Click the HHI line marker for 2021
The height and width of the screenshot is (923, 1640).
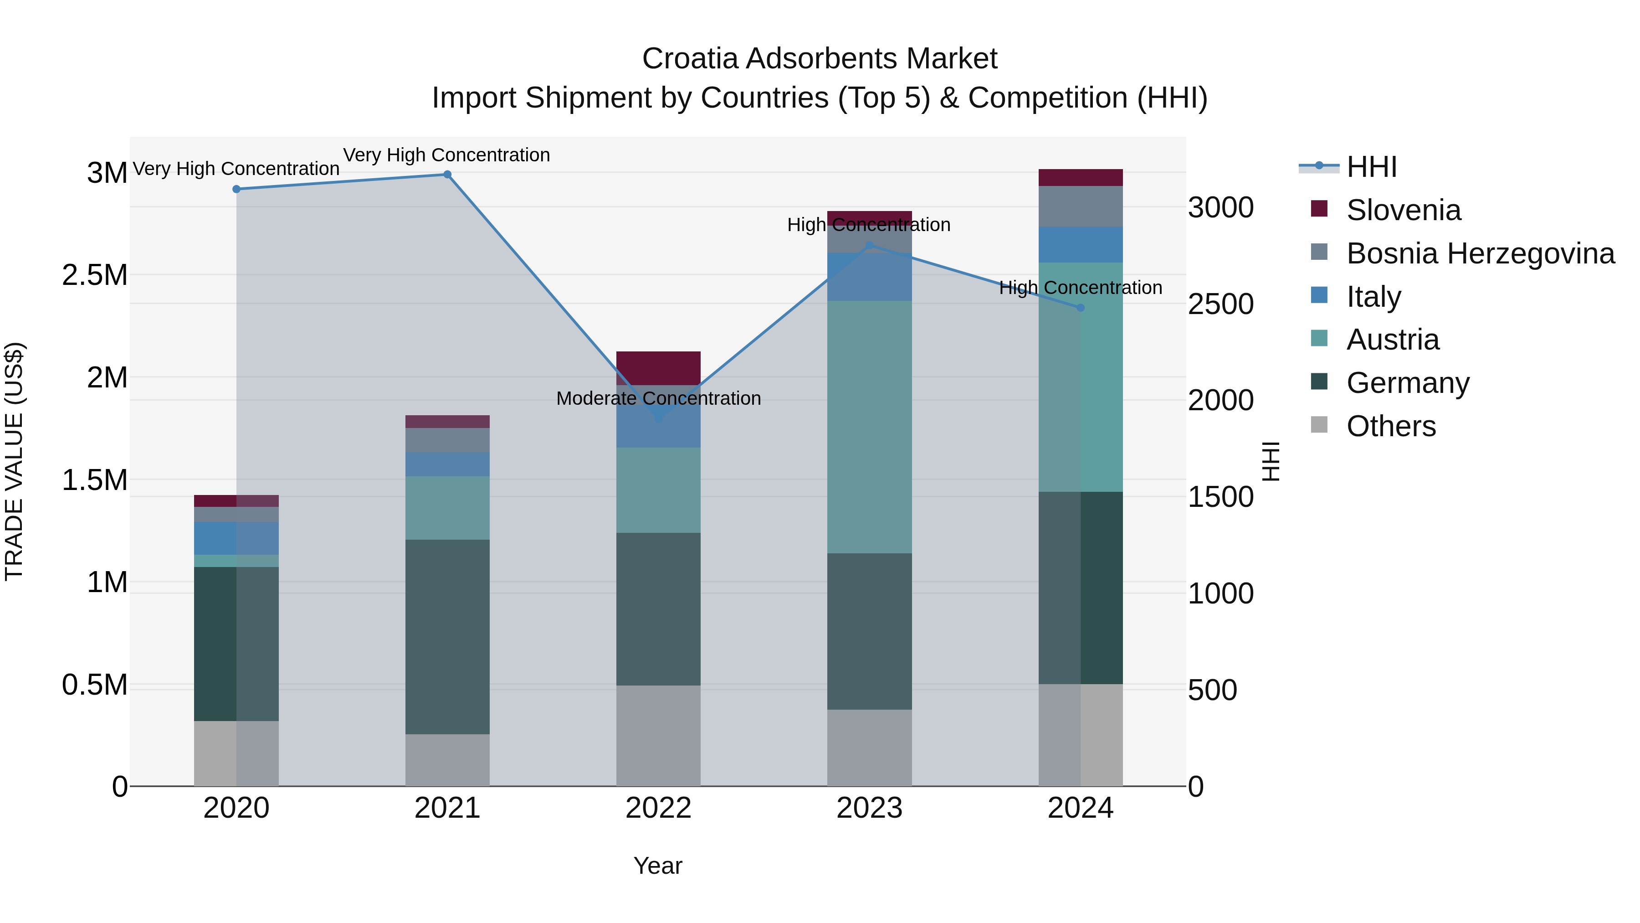pyautogui.click(x=447, y=175)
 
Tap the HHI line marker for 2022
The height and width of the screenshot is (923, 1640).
pyautogui.click(x=658, y=418)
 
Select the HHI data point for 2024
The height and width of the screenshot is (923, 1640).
pyautogui.click(x=1081, y=308)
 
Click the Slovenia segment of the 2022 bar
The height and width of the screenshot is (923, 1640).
pyautogui.click(x=658, y=367)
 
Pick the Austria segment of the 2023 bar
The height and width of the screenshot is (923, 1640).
pyautogui.click(x=869, y=427)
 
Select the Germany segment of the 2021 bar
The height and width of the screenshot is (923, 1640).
pyautogui.click(x=447, y=637)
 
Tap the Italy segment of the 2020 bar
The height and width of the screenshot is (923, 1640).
pyautogui.click(x=236, y=538)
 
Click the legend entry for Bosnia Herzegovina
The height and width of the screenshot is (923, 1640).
pyautogui.click(x=1480, y=253)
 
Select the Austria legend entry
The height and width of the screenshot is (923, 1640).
pyautogui.click(x=1392, y=340)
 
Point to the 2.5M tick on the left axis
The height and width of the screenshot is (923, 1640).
pyautogui.click(x=95, y=275)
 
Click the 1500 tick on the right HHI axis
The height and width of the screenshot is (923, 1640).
pyautogui.click(x=1220, y=497)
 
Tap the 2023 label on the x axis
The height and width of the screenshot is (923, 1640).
pyautogui.click(x=869, y=808)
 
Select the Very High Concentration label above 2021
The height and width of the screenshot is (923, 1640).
pyautogui.click(x=446, y=155)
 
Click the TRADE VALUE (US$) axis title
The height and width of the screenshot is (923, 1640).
pyautogui.click(x=14, y=461)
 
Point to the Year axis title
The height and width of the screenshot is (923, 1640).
pyautogui.click(x=658, y=866)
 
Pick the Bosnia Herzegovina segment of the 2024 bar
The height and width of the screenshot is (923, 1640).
pyautogui.click(x=1081, y=206)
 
